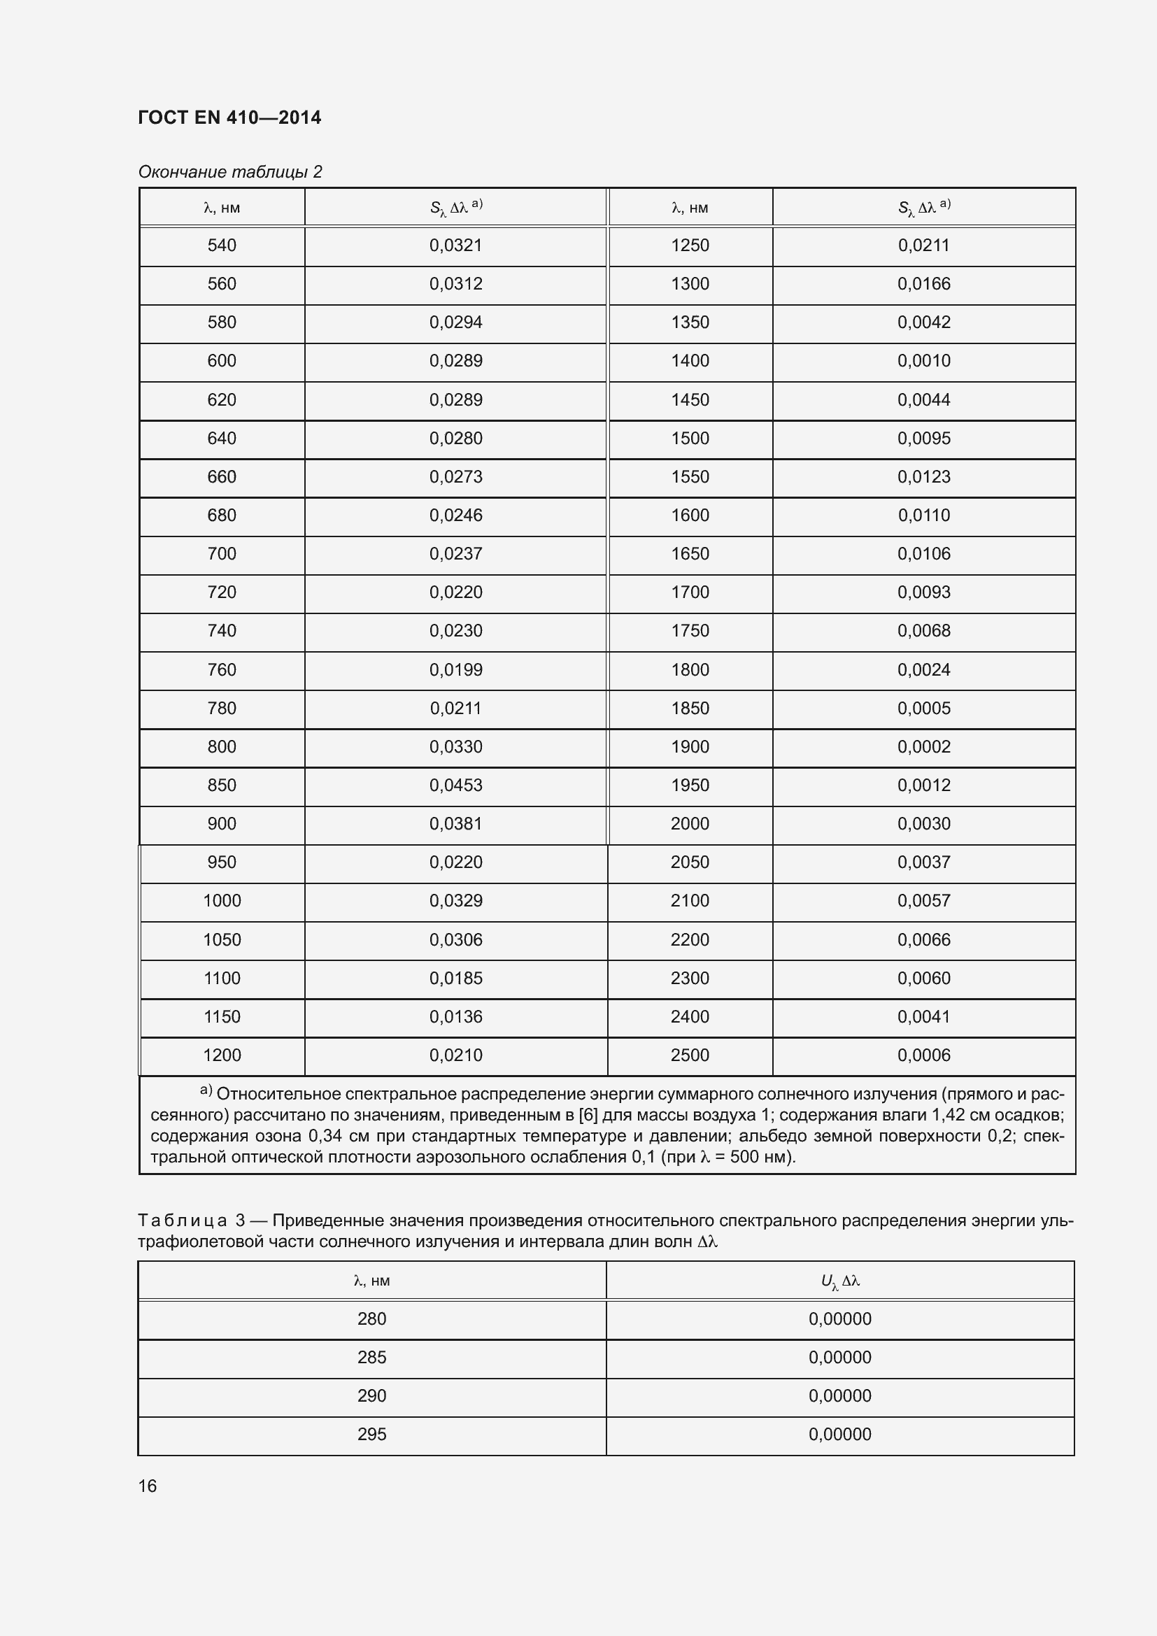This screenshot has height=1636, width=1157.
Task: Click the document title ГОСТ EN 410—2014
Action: click(229, 118)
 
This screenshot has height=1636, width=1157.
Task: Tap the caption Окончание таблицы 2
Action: click(229, 172)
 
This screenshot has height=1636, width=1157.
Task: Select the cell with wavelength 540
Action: click(222, 245)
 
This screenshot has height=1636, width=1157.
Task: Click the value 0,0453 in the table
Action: click(455, 785)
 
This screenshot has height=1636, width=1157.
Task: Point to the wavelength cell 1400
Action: click(690, 360)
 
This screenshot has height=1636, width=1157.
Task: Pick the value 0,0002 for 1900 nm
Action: click(923, 747)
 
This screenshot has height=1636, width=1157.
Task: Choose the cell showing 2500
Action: click(690, 1055)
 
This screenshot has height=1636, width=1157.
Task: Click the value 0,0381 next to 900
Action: click(455, 824)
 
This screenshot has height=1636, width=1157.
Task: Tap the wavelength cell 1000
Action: click(222, 901)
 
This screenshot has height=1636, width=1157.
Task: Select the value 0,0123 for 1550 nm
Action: click(923, 477)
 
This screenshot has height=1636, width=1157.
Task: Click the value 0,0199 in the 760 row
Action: click(455, 670)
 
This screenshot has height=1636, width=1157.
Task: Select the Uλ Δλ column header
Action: click(840, 1281)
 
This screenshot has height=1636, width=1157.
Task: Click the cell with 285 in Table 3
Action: click(371, 1358)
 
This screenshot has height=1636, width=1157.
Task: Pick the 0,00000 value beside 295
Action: click(839, 1435)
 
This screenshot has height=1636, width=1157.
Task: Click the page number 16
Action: click(148, 1486)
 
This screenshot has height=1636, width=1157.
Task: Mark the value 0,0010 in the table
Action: click(923, 360)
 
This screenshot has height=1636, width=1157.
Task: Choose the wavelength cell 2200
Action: click(690, 940)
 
